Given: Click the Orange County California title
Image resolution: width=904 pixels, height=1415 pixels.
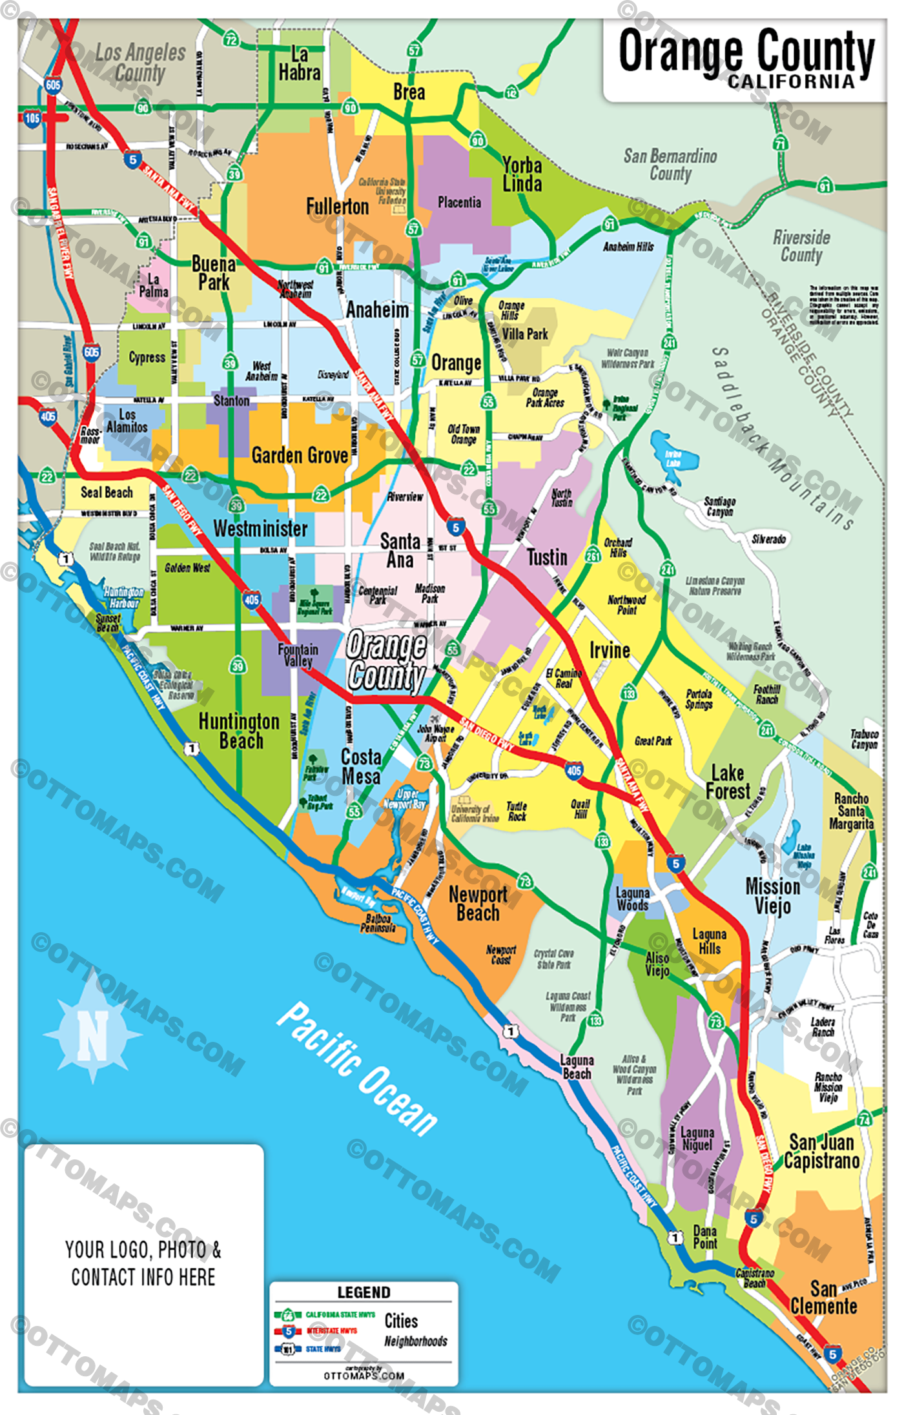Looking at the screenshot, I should (x=746, y=58).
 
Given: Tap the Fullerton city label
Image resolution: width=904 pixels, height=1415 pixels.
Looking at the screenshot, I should (x=337, y=207).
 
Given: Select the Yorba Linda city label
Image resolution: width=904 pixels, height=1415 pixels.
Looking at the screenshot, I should (x=522, y=174).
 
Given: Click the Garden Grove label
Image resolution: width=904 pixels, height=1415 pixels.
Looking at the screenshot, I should (x=300, y=456).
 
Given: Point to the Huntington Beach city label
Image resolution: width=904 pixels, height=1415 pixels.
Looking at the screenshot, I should (x=239, y=731).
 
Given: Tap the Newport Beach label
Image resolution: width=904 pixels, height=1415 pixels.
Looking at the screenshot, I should (x=478, y=904).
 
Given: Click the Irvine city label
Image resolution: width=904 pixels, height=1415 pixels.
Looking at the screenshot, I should (x=610, y=650).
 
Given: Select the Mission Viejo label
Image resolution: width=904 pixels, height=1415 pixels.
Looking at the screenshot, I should (x=772, y=896).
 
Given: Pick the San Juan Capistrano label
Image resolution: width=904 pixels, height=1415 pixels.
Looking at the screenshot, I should (x=821, y=1152).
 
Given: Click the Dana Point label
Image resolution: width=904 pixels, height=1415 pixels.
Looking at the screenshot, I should (x=704, y=1237).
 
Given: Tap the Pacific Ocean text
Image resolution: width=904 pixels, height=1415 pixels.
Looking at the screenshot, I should (x=357, y=1068).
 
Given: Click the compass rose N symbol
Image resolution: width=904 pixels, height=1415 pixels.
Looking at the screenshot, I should (x=93, y=1035).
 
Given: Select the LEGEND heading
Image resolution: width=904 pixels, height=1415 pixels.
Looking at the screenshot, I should (x=364, y=1292).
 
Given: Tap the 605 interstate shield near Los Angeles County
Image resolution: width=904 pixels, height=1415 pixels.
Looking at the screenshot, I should (x=53, y=85).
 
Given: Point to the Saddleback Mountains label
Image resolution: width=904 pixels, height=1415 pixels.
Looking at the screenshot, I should (x=785, y=439).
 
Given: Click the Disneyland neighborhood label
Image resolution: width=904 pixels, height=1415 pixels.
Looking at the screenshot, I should (x=333, y=374).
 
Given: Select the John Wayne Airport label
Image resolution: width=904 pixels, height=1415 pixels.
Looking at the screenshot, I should (x=435, y=733).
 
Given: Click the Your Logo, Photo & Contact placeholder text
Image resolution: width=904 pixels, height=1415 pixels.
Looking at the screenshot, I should (x=143, y=1263).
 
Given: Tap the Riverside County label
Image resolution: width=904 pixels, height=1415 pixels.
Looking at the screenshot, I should (x=801, y=246).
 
